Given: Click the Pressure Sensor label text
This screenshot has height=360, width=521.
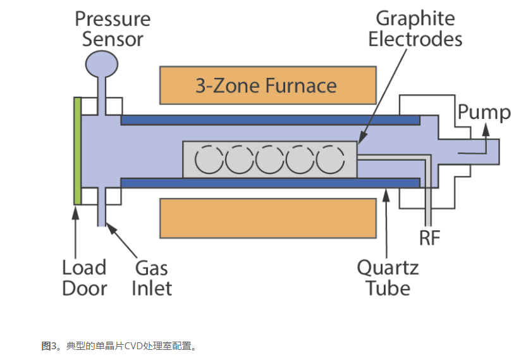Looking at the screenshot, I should (x=113, y=28).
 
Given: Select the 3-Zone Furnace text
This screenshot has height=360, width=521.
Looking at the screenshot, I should (x=266, y=85).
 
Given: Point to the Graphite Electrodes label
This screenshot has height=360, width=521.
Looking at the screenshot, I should (x=415, y=28).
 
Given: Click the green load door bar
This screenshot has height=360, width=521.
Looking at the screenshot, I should (x=77, y=151).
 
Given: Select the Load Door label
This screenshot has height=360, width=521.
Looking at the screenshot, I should (x=84, y=278).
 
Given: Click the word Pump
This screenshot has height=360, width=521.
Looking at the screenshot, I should (x=484, y=113).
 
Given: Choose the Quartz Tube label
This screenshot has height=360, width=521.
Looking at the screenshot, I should (x=388, y=278).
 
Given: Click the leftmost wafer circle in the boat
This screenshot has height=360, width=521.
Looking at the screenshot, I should (x=211, y=159).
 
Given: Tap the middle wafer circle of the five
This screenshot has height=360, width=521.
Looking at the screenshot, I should (x=271, y=159).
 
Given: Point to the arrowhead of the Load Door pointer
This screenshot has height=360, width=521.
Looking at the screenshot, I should (x=77, y=209).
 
